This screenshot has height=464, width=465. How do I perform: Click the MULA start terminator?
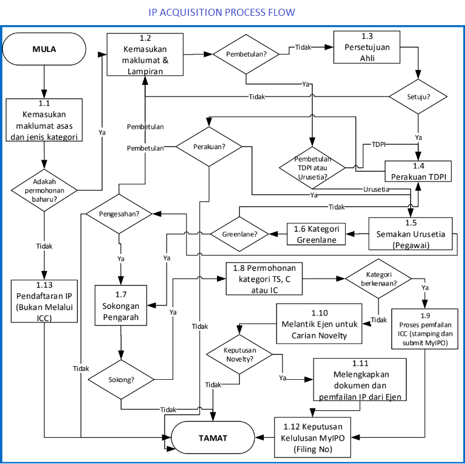(x=44, y=49)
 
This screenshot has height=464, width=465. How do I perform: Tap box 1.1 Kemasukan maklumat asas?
(x=44, y=120)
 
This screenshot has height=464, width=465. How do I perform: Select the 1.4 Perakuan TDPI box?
(x=418, y=171)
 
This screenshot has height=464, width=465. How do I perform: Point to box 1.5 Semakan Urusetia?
(x=412, y=234)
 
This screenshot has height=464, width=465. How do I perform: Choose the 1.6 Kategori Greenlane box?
(x=316, y=233)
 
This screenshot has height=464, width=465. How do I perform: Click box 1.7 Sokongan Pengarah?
(x=121, y=305)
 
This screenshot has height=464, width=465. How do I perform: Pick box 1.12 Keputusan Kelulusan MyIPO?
(x=313, y=436)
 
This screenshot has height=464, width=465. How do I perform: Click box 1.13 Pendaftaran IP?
(x=44, y=301)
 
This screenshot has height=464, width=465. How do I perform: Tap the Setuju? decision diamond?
(x=418, y=96)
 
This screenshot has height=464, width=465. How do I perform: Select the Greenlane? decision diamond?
(x=239, y=234)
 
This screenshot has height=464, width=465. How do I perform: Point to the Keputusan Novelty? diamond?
(x=239, y=355)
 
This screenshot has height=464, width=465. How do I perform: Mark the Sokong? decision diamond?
(x=120, y=379)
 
